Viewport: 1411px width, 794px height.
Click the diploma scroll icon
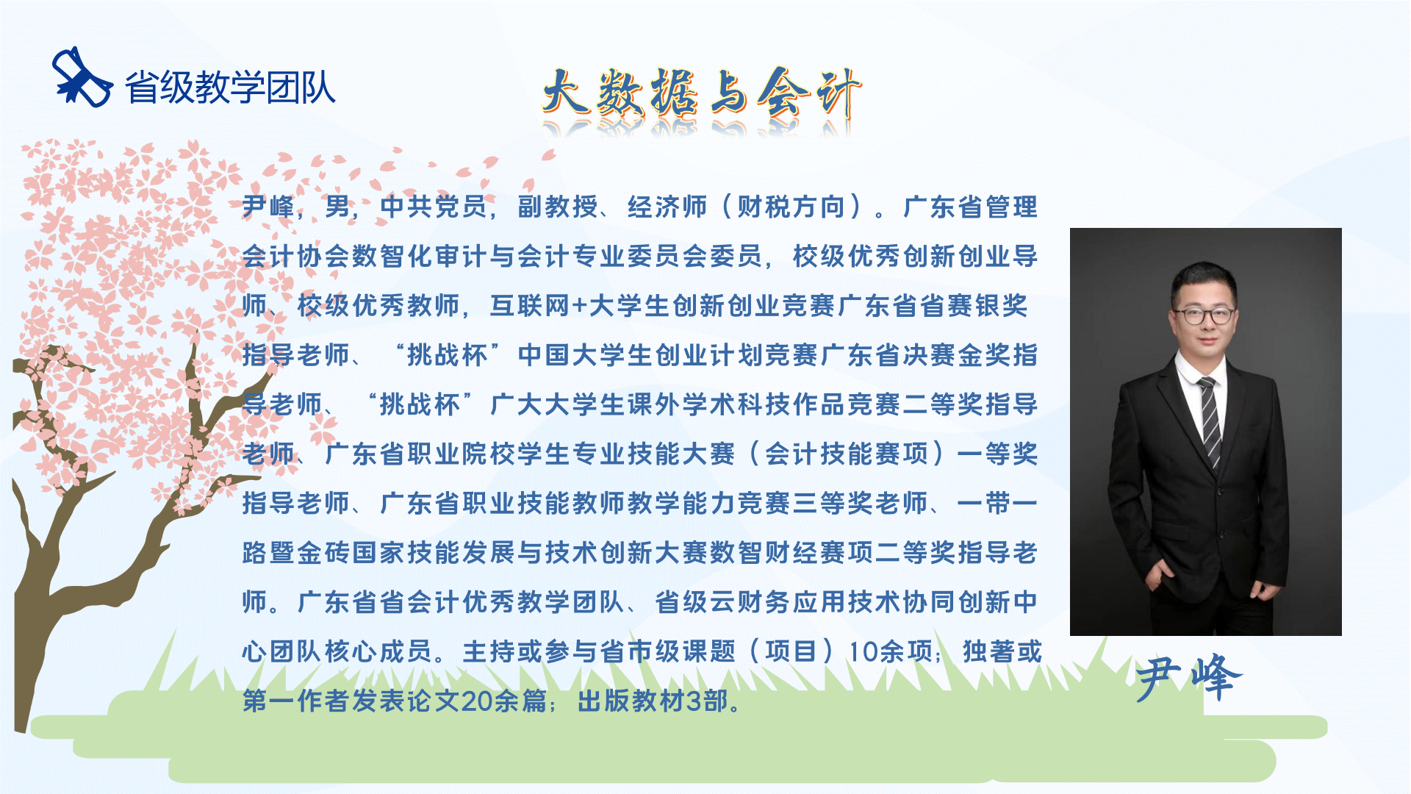(82, 78)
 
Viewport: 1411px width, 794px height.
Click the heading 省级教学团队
(230, 87)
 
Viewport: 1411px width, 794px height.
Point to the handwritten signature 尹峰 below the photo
(1188, 677)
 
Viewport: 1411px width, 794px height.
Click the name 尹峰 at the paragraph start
(268, 207)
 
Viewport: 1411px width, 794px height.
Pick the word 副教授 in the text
(558, 207)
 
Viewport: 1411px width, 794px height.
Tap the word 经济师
(667, 207)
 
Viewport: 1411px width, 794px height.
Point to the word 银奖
(1001, 306)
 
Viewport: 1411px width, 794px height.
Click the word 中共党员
(434, 207)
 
